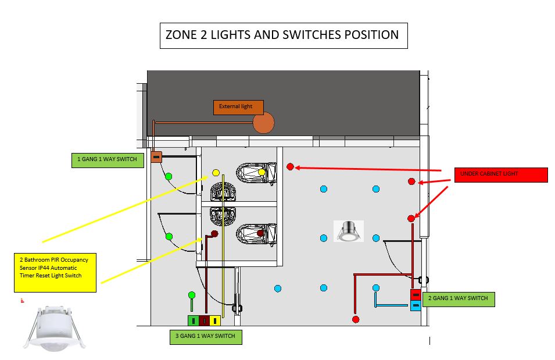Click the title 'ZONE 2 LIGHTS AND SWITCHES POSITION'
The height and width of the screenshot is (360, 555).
click(283, 35)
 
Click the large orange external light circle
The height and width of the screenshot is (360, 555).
click(263, 122)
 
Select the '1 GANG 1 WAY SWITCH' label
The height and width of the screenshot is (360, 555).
click(108, 160)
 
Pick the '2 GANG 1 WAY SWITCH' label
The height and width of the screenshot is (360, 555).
click(458, 299)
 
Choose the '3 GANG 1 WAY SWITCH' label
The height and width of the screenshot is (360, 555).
click(205, 337)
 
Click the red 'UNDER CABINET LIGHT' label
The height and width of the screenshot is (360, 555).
click(501, 174)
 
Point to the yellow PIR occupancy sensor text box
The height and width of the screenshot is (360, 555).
click(55, 272)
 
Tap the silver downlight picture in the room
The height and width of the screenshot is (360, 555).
click(349, 231)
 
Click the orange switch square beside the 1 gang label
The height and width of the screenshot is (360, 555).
click(156, 156)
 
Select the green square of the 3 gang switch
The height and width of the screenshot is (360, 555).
click(192, 320)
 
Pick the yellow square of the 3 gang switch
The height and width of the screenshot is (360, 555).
click(215, 320)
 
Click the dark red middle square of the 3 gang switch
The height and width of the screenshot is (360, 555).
click(204, 320)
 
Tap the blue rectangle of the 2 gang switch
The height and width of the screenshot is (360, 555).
click(416, 306)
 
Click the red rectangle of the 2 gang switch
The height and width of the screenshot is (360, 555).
click(416, 295)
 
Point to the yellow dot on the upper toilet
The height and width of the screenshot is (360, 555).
click(262, 172)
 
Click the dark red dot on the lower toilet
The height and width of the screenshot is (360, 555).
click(261, 233)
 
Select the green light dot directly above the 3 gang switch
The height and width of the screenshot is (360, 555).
click(192, 295)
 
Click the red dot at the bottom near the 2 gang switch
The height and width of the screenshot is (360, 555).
click(355, 319)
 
